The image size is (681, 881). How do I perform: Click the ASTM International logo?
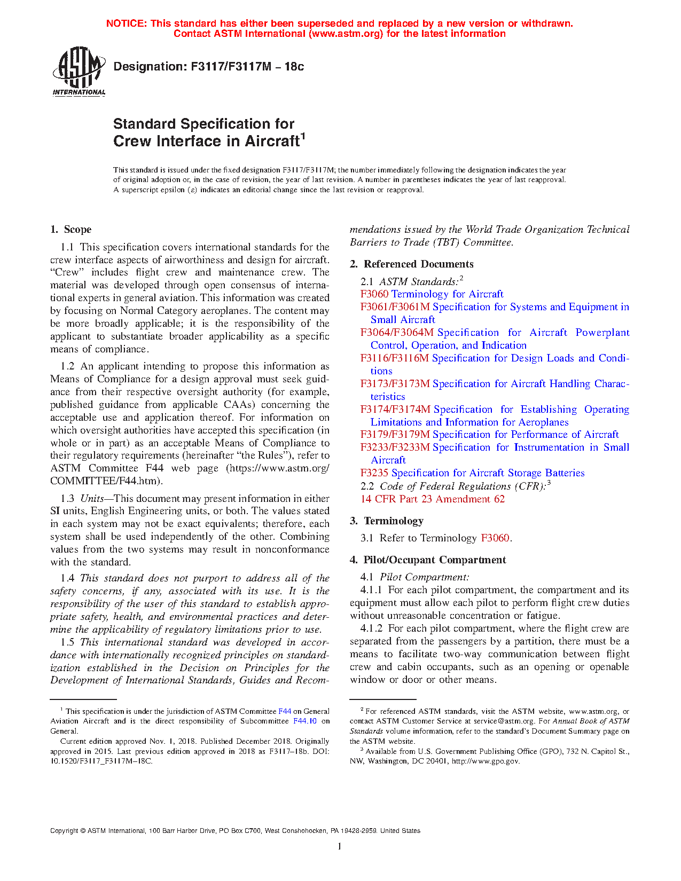point(79,71)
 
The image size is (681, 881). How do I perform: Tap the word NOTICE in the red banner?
point(126,23)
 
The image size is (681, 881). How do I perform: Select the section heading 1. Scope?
point(71,230)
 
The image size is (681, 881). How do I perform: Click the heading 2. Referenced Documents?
point(411,264)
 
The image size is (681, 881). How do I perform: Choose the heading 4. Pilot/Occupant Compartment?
point(427,560)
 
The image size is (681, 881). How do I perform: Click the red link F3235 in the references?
point(374,473)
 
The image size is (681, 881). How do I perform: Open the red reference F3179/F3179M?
point(395,435)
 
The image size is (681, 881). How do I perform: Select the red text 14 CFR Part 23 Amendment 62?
point(432,499)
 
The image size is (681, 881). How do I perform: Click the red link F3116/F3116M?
point(394,358)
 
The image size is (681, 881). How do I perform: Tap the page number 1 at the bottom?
point(340,846)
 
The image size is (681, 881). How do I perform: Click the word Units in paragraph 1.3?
point(92,499)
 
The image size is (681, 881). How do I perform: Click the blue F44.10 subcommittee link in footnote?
point(305,721)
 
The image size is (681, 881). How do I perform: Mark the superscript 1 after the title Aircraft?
point(303,136)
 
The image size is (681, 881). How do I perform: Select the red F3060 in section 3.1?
point(495,538)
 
